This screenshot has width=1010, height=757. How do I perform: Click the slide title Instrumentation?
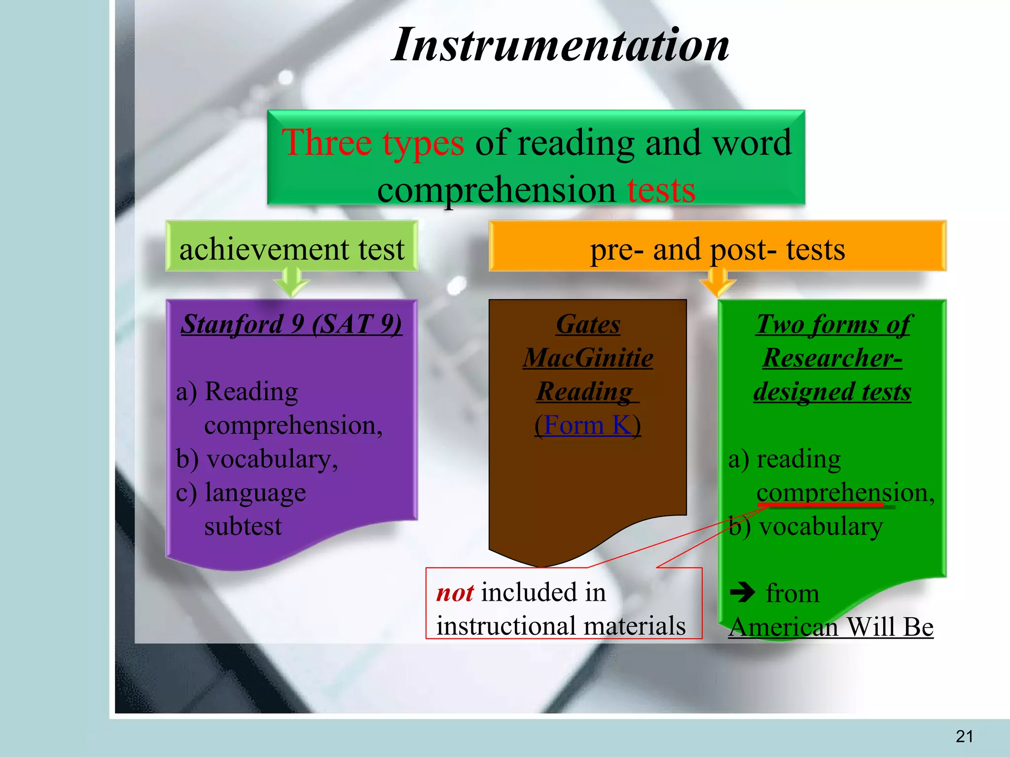click(x=560, y=45)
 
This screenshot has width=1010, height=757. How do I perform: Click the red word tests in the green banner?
click(x=661, y=190)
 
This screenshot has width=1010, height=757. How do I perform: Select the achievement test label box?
click(x=291, y=246)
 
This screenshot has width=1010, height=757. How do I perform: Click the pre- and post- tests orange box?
click(x=717, y=246)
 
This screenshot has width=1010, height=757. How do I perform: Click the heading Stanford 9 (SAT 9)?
click(x=291, y=324)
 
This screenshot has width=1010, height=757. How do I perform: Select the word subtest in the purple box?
click(x=243, y=526)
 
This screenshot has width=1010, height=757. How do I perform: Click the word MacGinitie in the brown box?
click(x=588, y=358)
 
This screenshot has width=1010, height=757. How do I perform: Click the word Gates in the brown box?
click(x=588, y=324)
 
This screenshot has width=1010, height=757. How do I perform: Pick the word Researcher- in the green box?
click(x=832, y=358)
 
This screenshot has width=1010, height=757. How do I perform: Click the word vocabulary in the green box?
click(x=821, y=526)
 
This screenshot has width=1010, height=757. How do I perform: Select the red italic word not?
click(x=455, y=592)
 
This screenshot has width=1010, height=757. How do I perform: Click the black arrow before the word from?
click(x=742, y=592)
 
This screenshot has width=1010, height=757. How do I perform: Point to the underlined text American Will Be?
click(x=831, y=627)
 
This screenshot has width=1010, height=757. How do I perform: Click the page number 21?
click(x=965, y=736)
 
